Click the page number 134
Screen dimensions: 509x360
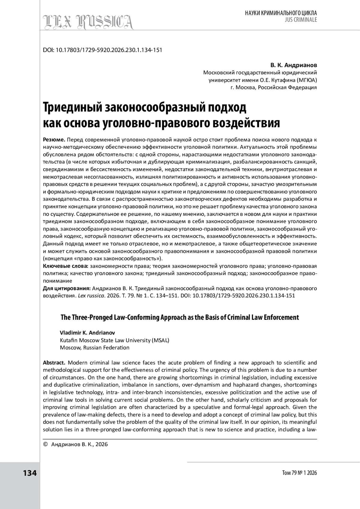click(x=30, y=473)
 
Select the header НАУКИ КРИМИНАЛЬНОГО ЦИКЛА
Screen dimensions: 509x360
click(x=281, y=13)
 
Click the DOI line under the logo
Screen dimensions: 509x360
click(x=103, y=50)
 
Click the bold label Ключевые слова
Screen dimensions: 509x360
click(x=66, y=266)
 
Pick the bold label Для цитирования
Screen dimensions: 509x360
click(x=67, y=288)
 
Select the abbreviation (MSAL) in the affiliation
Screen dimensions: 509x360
click(x=160, y=340)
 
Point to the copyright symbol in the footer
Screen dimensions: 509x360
click(x=46, y=444)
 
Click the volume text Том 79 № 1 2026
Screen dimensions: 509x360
click(x=299, y=473)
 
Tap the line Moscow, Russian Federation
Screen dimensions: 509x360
click(x=94, y=348)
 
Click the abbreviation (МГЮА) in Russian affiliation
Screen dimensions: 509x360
click(x=306, y=80)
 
